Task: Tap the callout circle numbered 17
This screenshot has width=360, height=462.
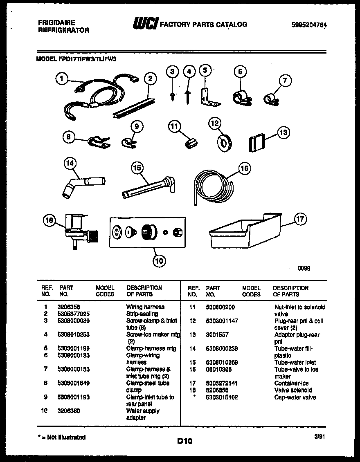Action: [300, 220]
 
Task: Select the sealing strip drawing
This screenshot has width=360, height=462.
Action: [134, 105]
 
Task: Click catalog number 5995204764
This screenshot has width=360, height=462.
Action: [309, 25]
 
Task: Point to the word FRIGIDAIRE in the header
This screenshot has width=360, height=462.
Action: [56, 23]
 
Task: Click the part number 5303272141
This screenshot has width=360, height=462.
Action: [222, 383]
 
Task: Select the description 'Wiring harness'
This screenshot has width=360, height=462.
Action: [145, 307]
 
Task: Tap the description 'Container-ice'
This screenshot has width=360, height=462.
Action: [291, 383]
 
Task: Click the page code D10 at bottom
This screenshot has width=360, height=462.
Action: [184, 441]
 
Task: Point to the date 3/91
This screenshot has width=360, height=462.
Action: [319, 437]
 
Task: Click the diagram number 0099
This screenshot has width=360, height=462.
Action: [304, 269]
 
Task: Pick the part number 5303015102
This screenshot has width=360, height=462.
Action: [222, 397]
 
